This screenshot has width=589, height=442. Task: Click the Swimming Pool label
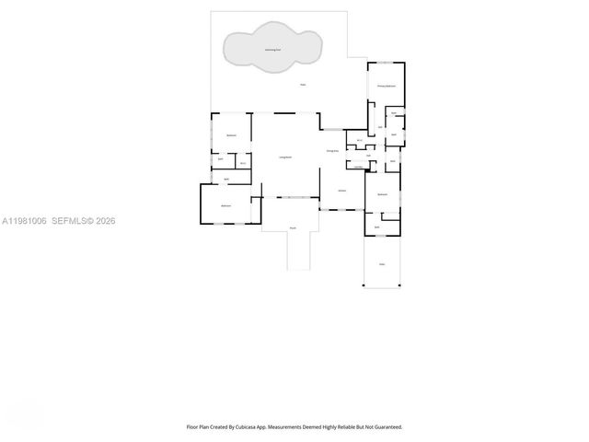click(x=273, y=50)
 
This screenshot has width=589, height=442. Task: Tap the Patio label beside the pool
click(x=303, y=86)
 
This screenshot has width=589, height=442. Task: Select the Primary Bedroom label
click(x=386, y=86)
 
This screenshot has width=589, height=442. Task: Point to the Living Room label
click(x=285, y=157)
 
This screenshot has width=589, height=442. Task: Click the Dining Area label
click(x=332, y=150)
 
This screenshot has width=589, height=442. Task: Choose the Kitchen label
click(x=341, y=191)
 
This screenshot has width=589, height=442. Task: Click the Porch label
click(x=293, y=227)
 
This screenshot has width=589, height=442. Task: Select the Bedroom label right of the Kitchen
click(x=382, y=194)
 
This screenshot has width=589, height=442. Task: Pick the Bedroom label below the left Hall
click(x=225, y=205)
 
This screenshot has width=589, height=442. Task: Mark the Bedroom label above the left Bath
click(x=232, y=135)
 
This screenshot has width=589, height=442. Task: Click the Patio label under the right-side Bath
click(x=382, y=264)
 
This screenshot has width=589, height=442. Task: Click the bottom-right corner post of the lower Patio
click(x=400, y=285)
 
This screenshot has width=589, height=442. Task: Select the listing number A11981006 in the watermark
click(x=24, y=221)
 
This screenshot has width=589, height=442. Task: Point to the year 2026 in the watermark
click(x=105, y=221)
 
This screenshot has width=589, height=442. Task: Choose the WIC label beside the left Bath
click(x=242, y=164)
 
